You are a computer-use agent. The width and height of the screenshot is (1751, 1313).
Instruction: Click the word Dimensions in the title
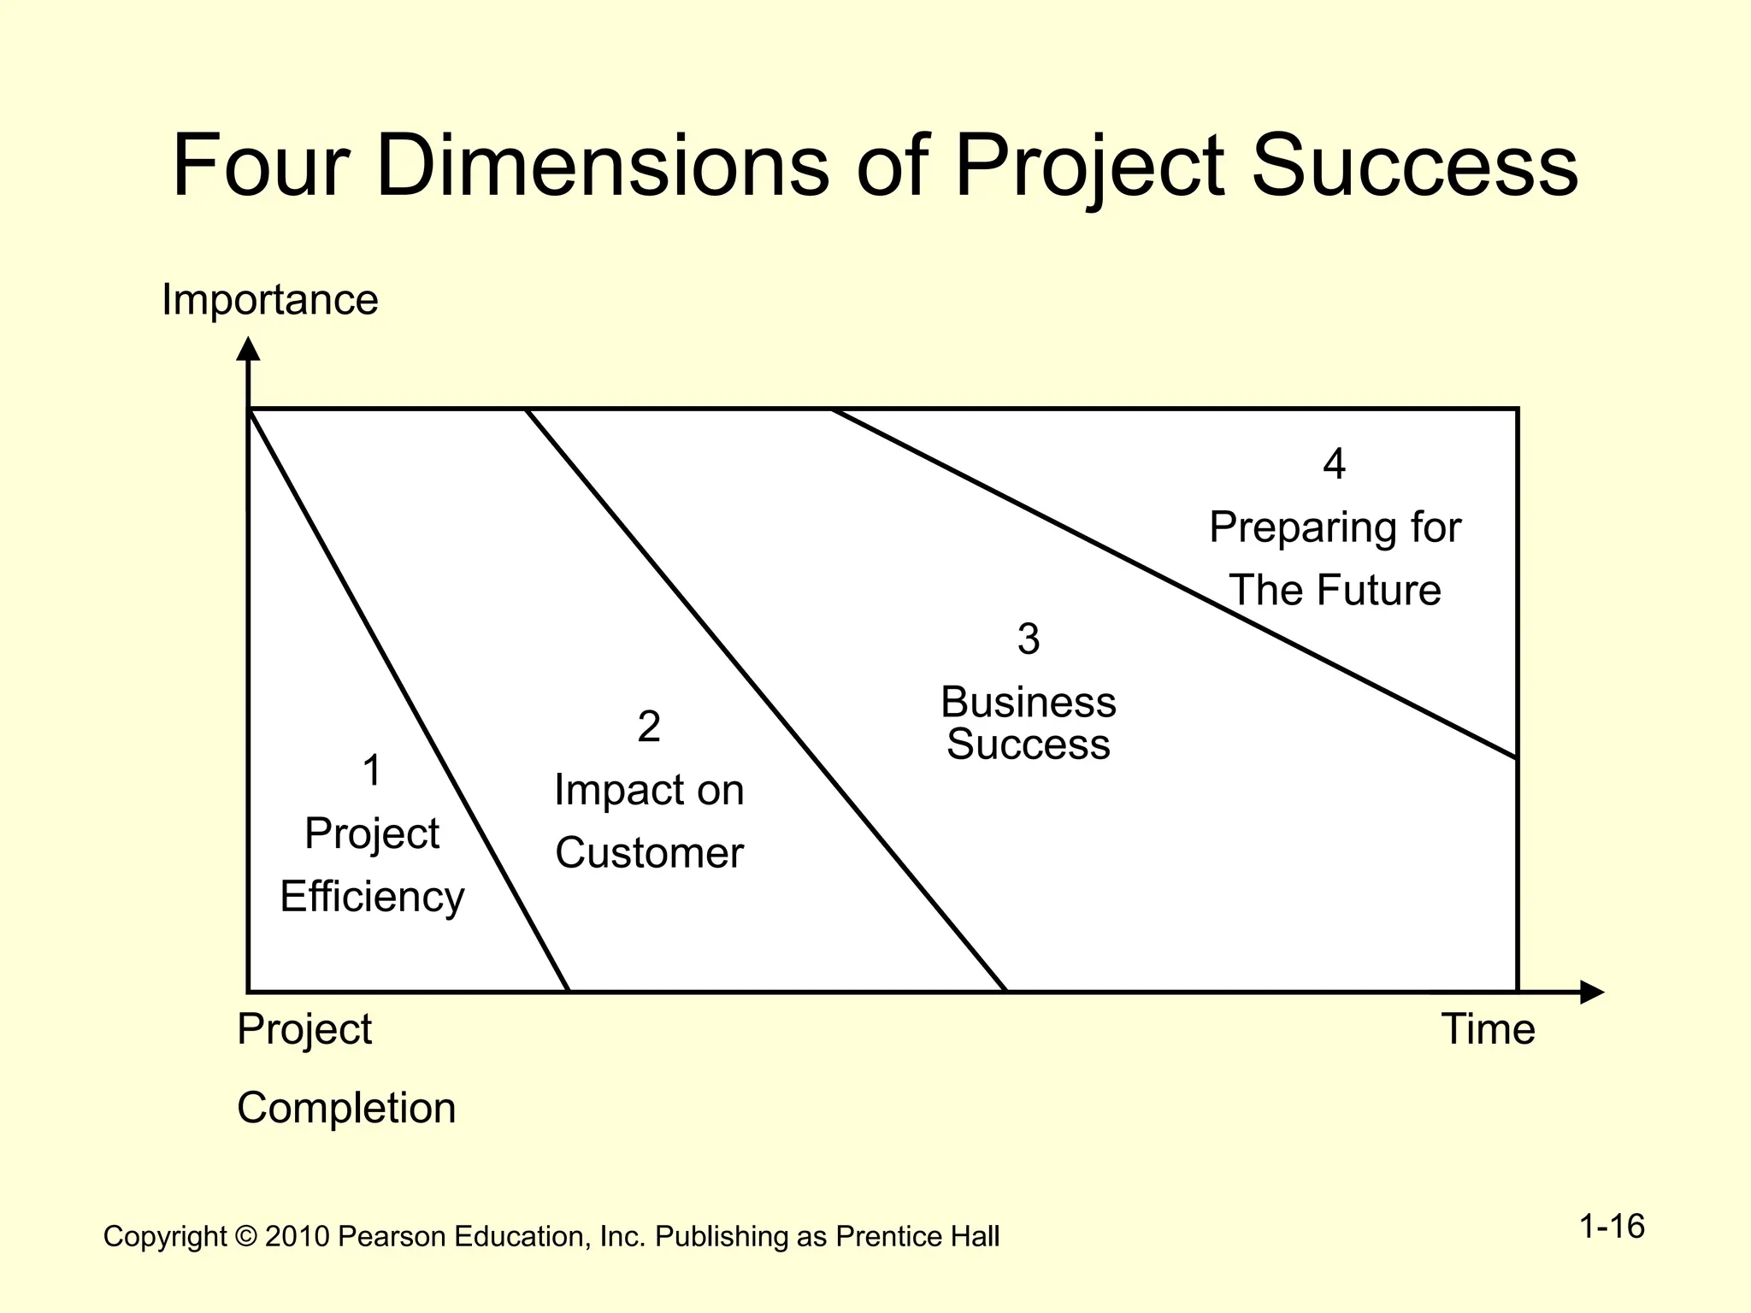click(602, 164)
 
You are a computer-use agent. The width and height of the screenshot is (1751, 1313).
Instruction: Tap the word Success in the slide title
click(1414, 164)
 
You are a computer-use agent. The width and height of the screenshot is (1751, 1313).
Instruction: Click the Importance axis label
click(269, 300)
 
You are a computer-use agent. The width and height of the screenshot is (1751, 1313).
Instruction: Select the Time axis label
click(1488, 1029)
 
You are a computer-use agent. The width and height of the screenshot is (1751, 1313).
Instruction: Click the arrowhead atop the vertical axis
click(248, 349)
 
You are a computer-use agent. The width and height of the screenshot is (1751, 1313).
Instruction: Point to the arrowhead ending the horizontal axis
click(1591, 992)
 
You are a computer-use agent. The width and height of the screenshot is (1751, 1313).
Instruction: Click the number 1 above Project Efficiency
click(372, 770)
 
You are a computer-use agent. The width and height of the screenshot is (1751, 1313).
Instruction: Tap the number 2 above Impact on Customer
click(649, 727)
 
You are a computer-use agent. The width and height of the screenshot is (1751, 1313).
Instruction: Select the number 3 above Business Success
click(1029, 639)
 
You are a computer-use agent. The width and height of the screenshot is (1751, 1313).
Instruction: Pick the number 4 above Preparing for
click(1334, 463)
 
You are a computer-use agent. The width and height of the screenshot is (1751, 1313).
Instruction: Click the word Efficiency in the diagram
click(372, 898)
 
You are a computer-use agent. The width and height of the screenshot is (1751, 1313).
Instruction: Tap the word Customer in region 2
click(649, 853)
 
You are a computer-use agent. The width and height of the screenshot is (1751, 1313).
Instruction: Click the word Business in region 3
click(1029, 703)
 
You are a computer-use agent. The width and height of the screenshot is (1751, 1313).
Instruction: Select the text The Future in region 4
click(1335, 591)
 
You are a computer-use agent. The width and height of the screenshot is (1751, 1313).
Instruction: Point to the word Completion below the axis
click(346, 1109)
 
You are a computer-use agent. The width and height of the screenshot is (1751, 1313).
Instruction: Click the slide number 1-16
click(1612, 1227)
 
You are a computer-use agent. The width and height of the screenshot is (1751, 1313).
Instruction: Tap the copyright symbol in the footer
click(245, 1237)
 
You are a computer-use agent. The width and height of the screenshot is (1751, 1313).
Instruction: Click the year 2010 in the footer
click(297, 1237)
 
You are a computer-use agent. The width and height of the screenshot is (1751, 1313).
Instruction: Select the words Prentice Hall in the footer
click(917, 1237)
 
